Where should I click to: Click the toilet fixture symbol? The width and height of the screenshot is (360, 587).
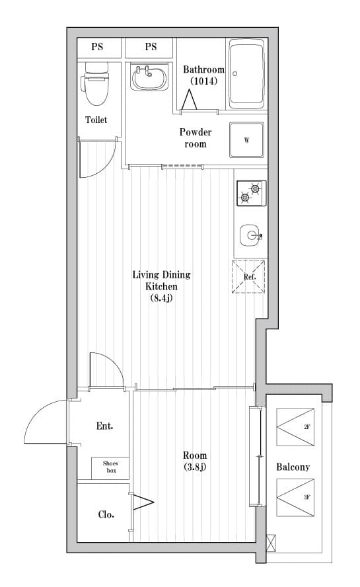point(95,84)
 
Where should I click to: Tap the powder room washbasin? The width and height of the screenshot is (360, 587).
point(149,77)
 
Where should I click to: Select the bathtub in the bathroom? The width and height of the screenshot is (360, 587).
point(246,74)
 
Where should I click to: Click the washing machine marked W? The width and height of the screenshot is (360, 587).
point(246,140)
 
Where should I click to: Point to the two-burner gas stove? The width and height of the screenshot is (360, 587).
point(252,193)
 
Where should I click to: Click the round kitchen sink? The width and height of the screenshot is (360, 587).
point(251,235)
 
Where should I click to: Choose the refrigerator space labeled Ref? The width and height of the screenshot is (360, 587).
point(248,276)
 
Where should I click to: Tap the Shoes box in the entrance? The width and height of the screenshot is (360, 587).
point(110,467)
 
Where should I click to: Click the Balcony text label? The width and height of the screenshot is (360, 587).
point(293,467)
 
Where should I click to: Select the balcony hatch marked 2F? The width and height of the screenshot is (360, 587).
point(295,427)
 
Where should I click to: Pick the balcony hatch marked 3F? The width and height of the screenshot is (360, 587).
point(295,498)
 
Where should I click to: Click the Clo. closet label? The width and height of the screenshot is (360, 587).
point(106,515)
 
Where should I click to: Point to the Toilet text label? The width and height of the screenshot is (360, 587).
point(96,120)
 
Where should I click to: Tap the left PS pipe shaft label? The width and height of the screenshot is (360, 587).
point(97,47)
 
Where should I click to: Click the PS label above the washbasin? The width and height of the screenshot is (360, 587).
point(151,47)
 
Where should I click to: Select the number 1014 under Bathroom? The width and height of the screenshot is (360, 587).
point(203,81)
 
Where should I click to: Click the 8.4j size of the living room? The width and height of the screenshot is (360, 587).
point(162,298)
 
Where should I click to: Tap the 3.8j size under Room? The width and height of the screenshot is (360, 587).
point(195,467)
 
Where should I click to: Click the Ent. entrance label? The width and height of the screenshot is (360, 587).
point(105,426)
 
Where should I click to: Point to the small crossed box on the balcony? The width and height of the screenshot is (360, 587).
point(271,543)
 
